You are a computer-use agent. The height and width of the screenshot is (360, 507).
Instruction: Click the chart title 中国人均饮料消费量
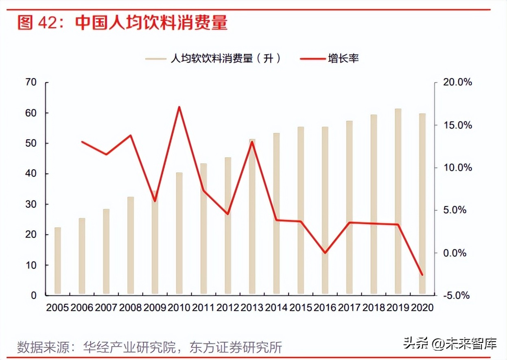(x=151, y=23)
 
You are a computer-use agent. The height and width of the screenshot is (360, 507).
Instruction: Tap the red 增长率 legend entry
(x=330, y=59)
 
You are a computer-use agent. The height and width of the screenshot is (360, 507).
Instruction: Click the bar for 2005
(x=58, y=261)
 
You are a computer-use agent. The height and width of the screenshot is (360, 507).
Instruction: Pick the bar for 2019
(x=398, y=201)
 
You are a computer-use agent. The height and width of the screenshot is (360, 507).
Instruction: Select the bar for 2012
(x=228, y=226)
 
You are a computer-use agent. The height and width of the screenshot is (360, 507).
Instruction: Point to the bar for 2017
(x=349, y=207)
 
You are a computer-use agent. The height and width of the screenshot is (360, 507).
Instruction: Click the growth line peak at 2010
(x=179, y=107)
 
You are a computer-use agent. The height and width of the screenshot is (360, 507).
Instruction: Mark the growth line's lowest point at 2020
(x=422, y=275)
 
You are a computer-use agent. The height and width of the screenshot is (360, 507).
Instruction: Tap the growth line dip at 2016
(x=325, y=253)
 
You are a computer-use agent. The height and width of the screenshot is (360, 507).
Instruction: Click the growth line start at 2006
(x=82, y=142)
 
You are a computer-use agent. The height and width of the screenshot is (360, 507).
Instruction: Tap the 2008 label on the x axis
(x=130, y=307)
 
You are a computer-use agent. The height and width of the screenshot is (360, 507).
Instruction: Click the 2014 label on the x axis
(x=276, y=307)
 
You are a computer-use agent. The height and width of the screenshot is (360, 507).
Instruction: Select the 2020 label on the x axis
(x=422, y=307)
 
